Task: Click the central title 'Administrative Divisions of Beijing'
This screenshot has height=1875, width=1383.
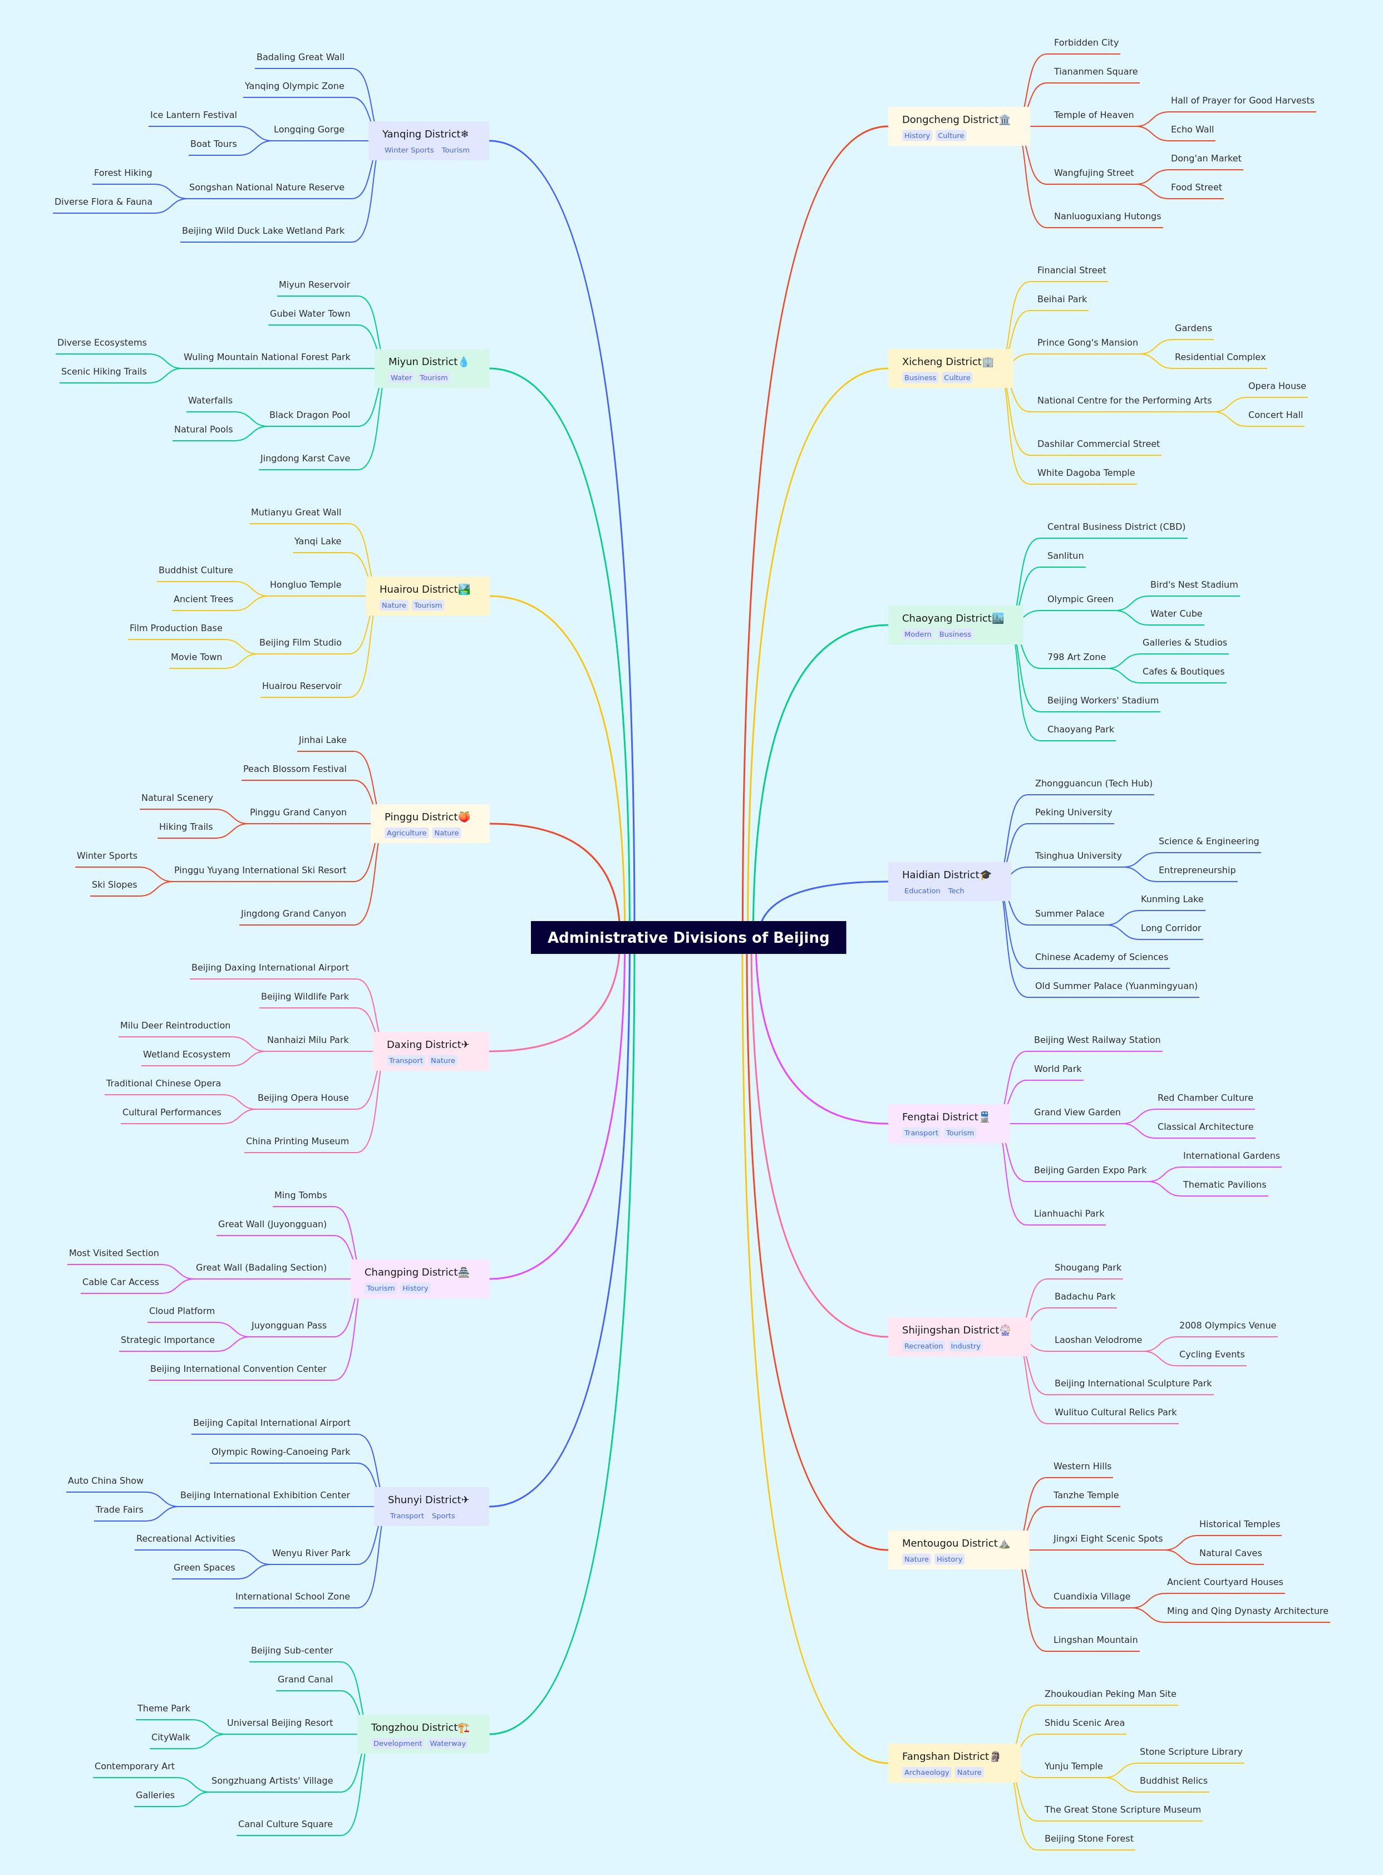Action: [688, 937]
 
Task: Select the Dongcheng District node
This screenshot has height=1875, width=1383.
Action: [958, 126]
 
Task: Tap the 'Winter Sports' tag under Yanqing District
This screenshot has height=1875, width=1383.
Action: [410, 151]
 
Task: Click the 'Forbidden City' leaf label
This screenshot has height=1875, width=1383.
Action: [1086, 43]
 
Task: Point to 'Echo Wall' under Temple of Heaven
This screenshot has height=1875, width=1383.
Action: [1192, 130]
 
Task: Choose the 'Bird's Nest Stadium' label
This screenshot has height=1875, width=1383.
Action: [1194, 585]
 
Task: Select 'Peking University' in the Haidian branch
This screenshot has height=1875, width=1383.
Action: [1073, 813]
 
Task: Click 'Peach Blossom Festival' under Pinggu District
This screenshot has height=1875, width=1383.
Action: [294, 769]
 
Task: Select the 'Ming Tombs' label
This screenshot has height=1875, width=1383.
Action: [301, 1195]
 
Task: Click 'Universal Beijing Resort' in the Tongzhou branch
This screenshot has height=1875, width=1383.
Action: [279, 1723]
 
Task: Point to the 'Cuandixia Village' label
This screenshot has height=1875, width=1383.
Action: [1092, 1596]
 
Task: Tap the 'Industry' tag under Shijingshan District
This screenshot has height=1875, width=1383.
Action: [965, 1346]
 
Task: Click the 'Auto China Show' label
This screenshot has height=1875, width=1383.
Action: [106, 1481]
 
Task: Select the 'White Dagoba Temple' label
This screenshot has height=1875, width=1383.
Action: [1086, 473]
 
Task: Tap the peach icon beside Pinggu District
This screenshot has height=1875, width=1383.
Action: [464, 817]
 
